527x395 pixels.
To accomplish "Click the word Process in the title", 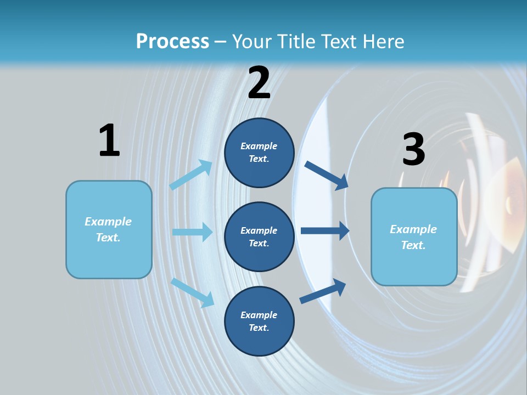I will [172, 42].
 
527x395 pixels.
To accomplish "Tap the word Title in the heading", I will [294, 42].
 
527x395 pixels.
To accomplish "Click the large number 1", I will [109, 140].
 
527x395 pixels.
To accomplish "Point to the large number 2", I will [259, 82].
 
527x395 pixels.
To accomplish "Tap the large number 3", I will [414, 149].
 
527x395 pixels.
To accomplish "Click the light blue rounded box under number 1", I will [109, 229].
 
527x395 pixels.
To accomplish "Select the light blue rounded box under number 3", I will [414, 237].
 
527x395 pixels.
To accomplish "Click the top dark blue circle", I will [259, 153].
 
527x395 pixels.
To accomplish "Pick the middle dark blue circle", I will [259, 236].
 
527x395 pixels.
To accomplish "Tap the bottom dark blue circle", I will [259, 321].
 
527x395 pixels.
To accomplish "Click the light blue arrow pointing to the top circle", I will [191, 174].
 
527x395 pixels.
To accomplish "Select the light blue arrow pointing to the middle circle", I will [192, 232].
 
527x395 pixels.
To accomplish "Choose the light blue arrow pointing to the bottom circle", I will [193, 292].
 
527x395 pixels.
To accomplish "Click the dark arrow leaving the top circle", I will [327, 175].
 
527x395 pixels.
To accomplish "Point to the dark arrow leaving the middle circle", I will [325, 230].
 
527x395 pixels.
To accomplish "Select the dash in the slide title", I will [221, 42].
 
